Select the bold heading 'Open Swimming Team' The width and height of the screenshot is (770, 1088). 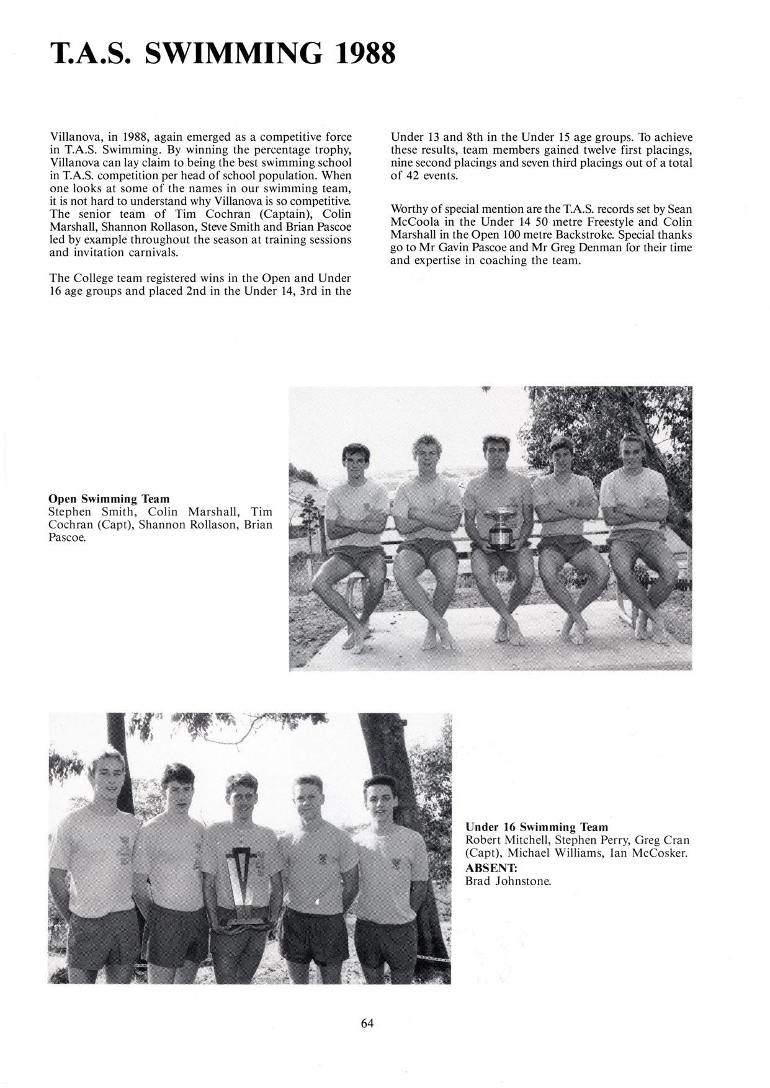[x=109, y=499]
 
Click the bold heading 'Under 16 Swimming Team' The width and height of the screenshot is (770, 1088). [x=537, y=827]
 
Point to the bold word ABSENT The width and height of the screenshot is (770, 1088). [x=491, y=867]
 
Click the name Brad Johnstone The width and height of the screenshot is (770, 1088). [x=508, y=881]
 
